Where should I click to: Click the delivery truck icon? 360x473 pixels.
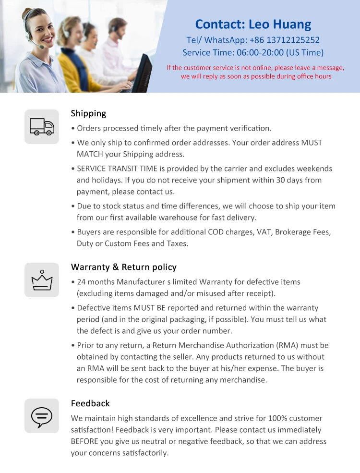pyautogui.click(x=42, y=127)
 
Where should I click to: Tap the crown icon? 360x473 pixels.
pyautogui.click(x=42, y=280)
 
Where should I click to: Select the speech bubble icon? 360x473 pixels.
pyautogui.click(x=42, y=416)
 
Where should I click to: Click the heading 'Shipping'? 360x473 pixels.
pyautogui.click(x=88, y=113)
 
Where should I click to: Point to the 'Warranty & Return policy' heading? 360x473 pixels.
pyautogui.click(x=123, y=267)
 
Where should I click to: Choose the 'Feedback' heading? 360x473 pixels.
pyautogui.click(x=90, y=403)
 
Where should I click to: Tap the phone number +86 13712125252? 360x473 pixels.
pyautogui.click(x=285, y=40)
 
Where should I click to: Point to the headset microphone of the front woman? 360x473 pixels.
pyautogui.click(x=41, y=47)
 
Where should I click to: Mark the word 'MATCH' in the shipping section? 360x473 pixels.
pyautogui.click(x=88, y=154)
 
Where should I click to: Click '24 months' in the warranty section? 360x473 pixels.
pyautogui.click(x=96, y=282)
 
